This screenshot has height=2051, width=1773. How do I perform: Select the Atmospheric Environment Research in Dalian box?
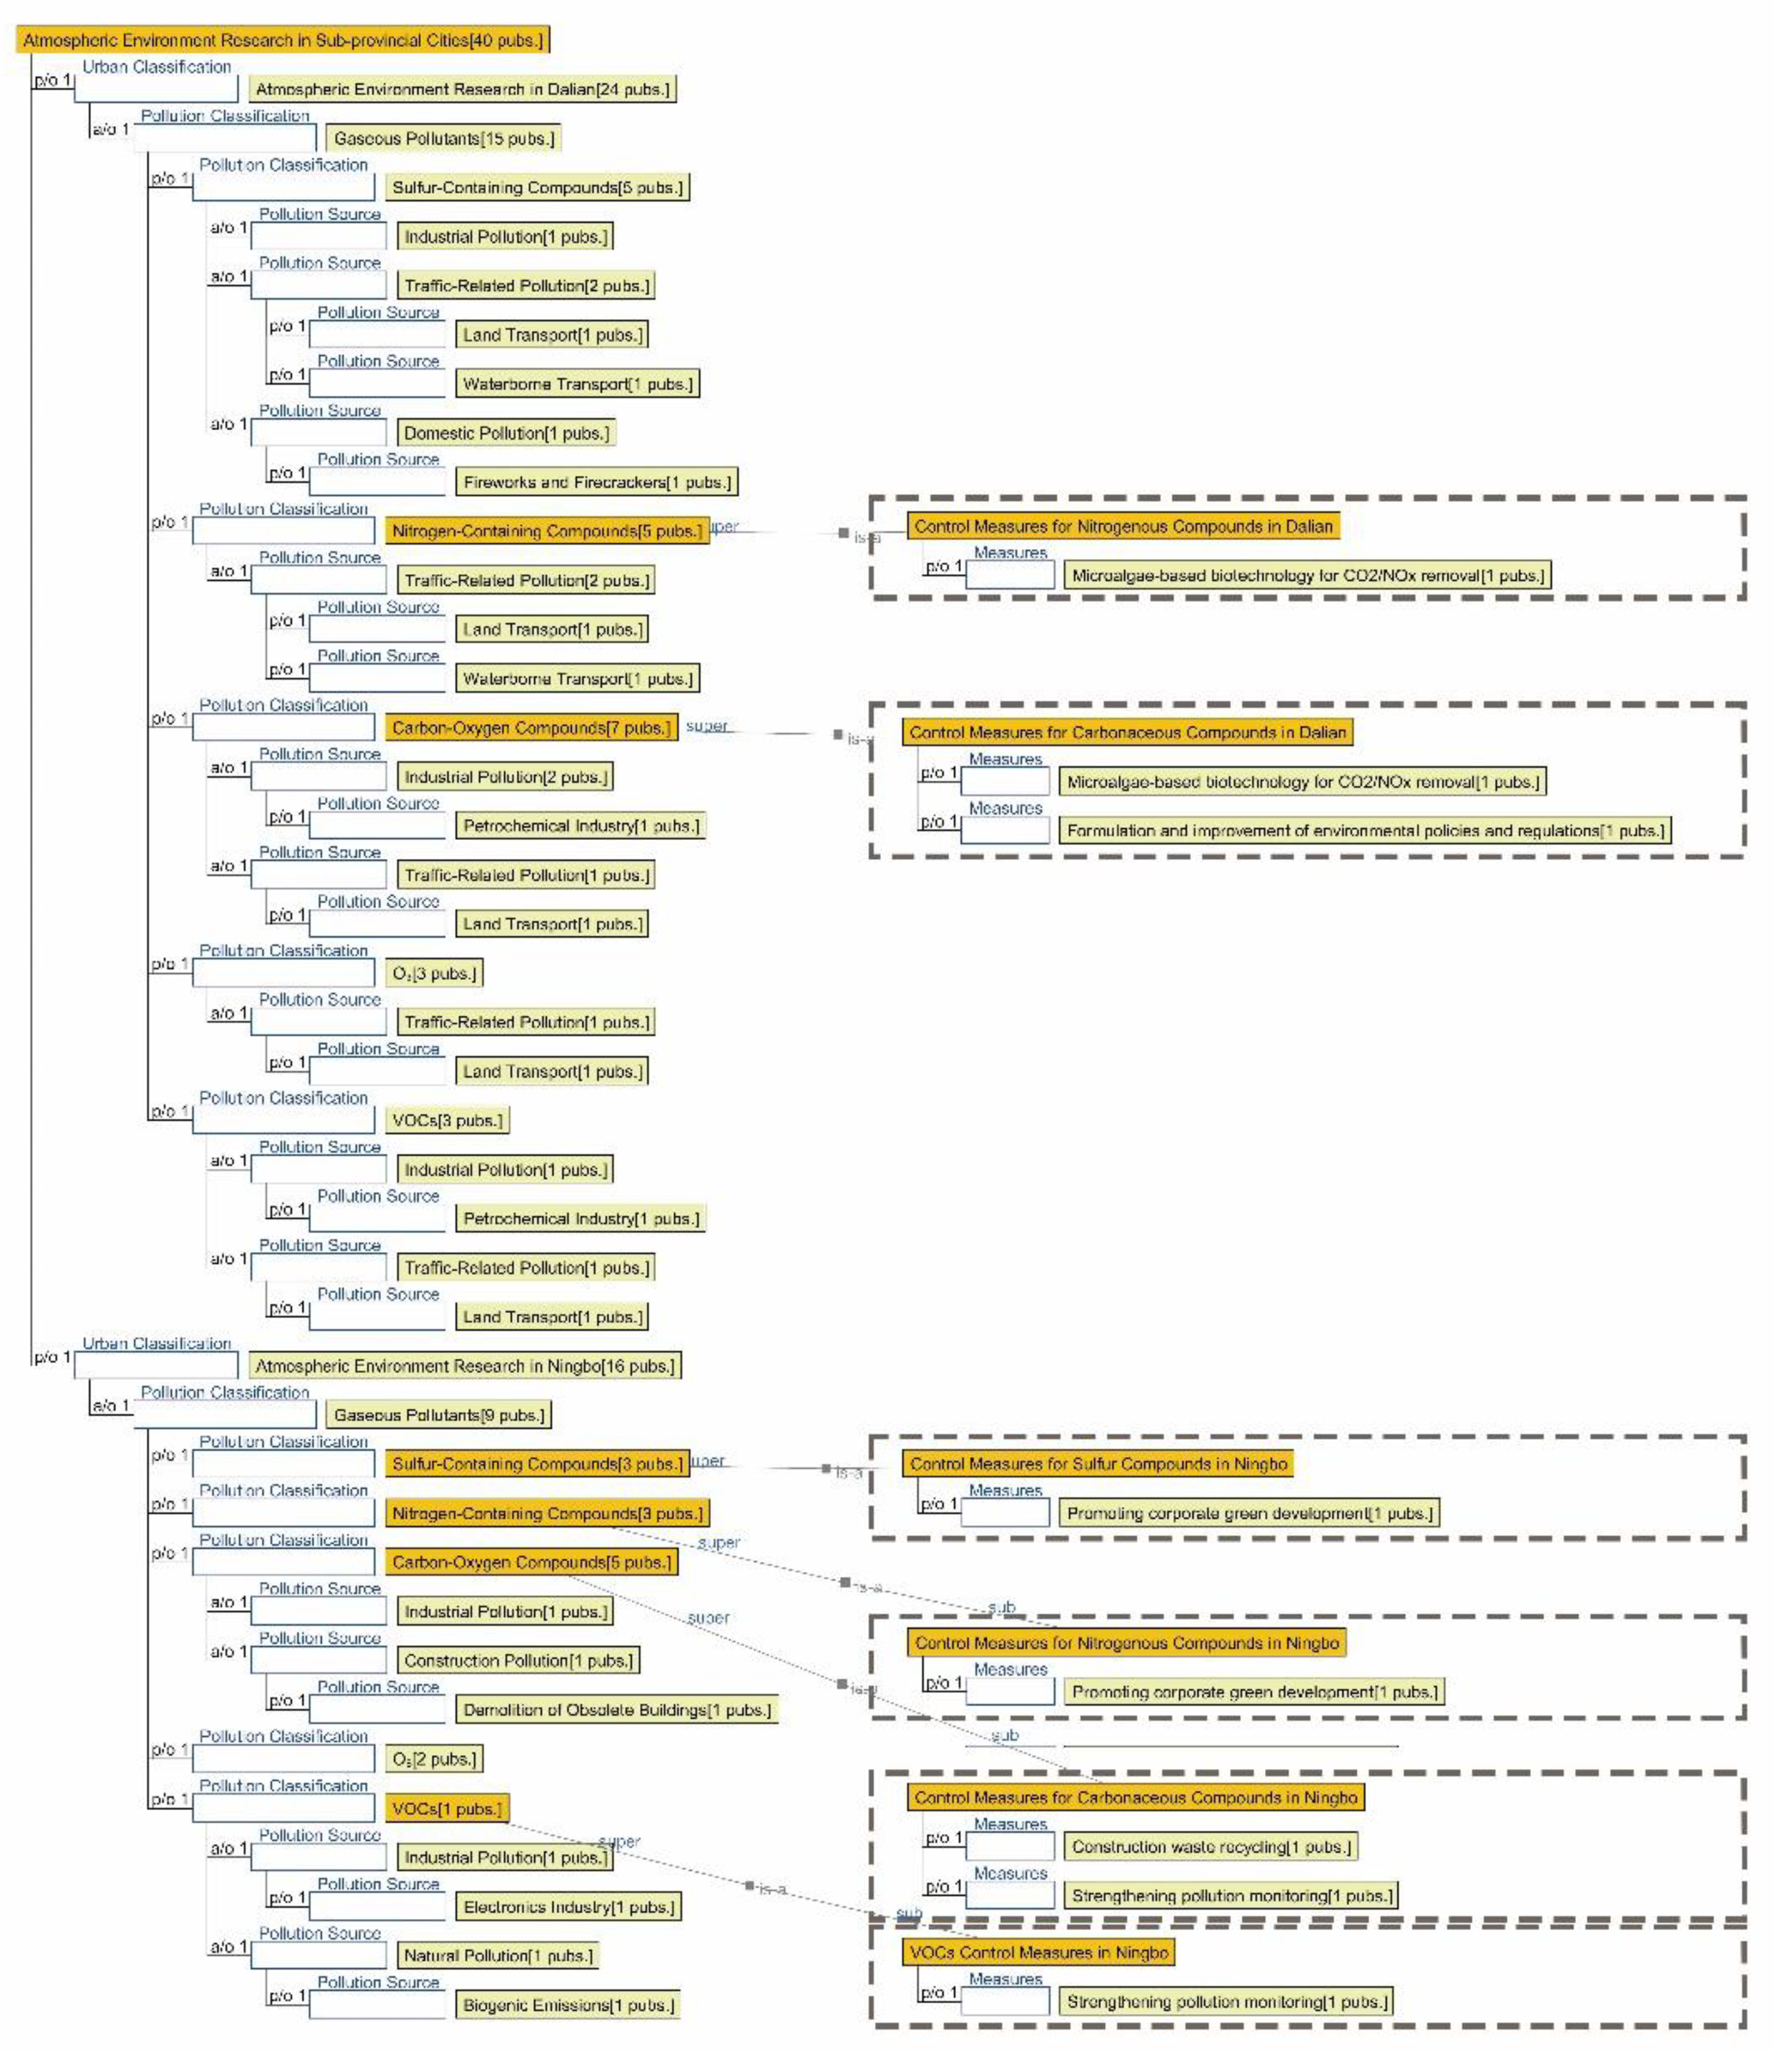tap(462, 89)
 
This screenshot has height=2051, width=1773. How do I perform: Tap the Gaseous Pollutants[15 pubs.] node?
tap(443, 139)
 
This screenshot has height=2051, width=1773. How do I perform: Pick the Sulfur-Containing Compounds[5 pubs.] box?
tap(537, 187)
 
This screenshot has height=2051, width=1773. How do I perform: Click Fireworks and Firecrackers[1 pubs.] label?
tap(597, 482)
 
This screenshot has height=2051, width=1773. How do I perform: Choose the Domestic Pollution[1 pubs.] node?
tap(506, 433)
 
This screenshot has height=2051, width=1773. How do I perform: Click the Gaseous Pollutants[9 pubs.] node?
tap(438, 1415)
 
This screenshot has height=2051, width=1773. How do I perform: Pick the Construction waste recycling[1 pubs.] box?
tap(1211, 1846)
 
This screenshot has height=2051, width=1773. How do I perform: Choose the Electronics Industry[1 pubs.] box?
tap(568, 1907)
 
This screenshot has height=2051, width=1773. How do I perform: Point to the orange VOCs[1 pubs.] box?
tap(446, 1808)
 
